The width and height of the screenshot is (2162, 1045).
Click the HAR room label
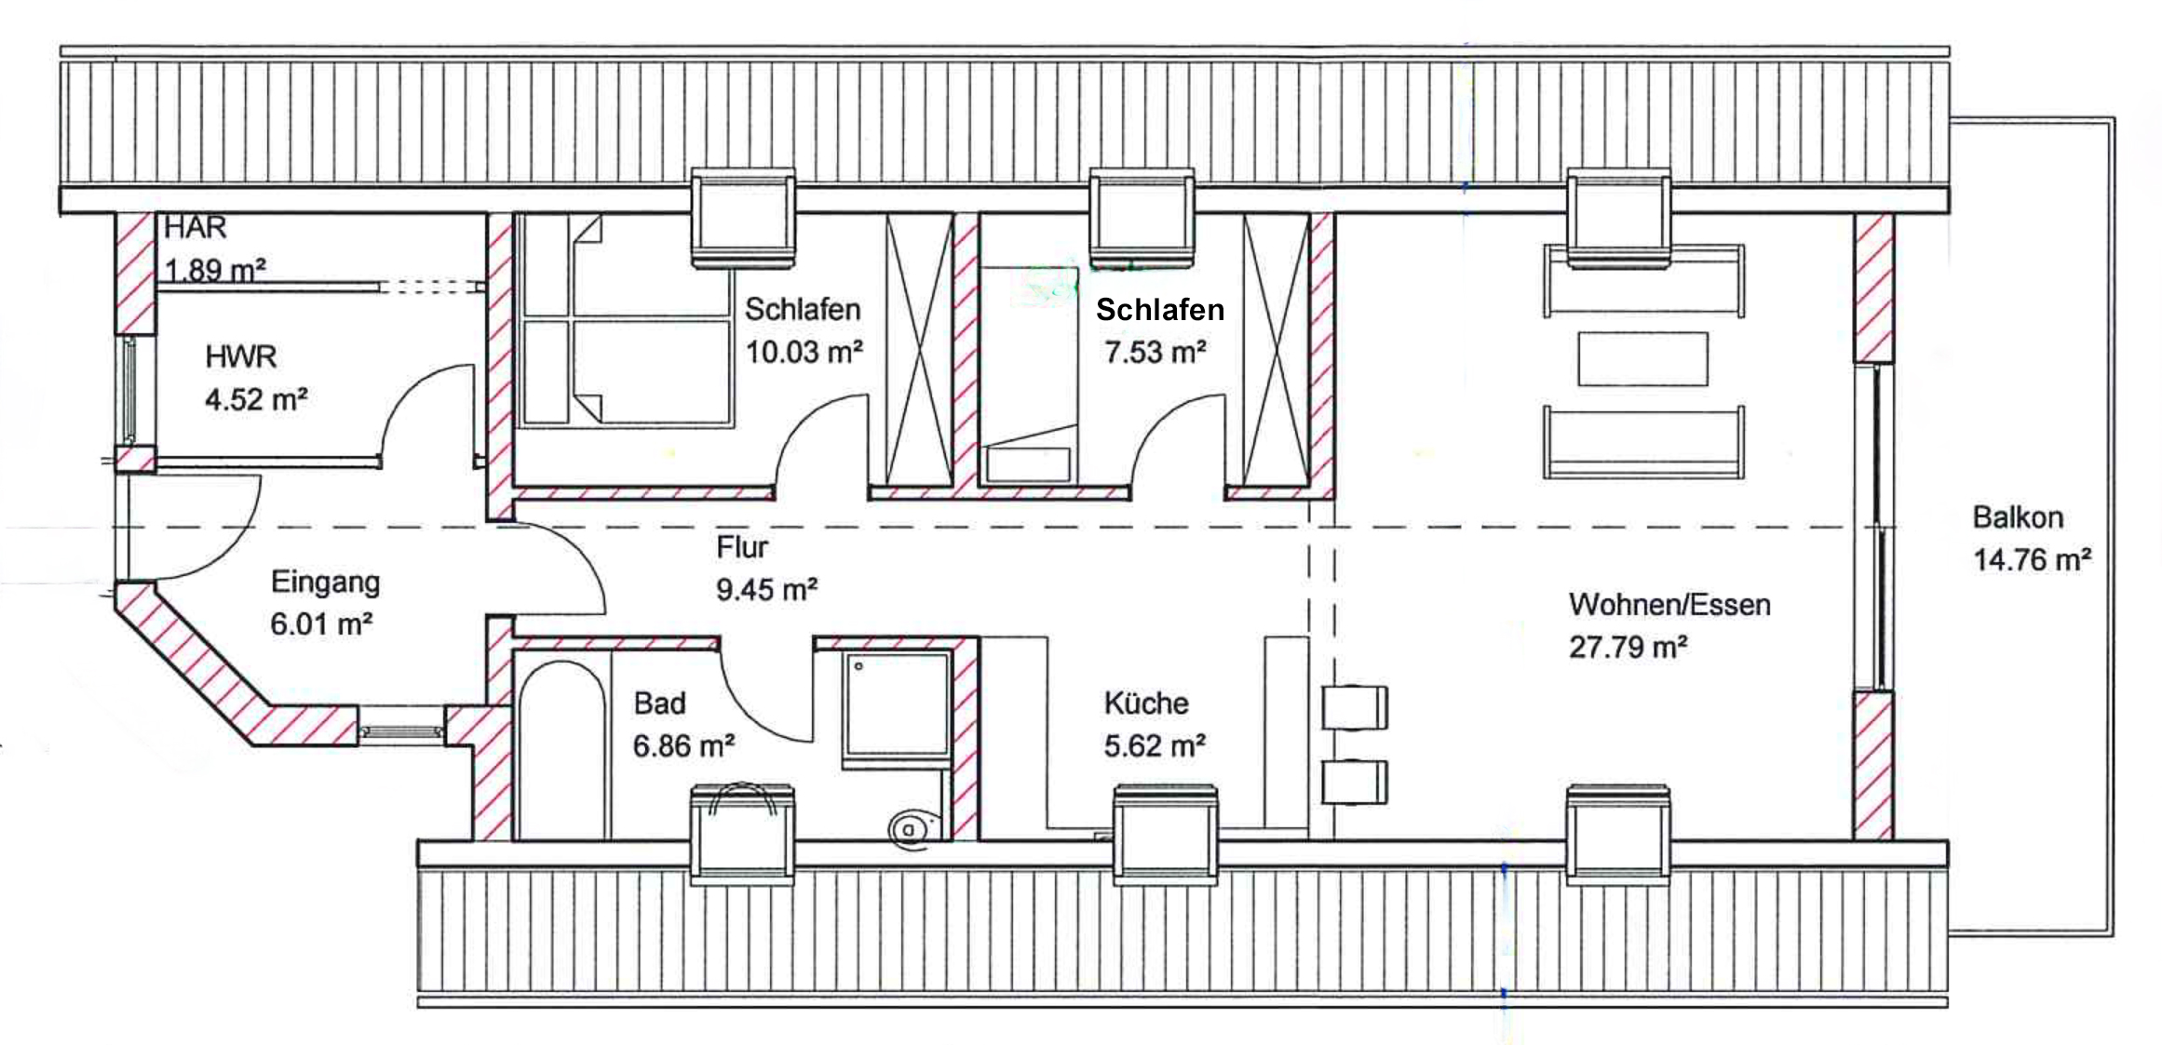[196, 227]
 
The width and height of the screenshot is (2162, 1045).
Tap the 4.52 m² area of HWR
[256, 399]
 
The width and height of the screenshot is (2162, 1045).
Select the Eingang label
[325, 583]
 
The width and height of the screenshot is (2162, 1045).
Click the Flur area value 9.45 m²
[766, 589]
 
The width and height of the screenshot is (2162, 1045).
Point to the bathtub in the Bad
[561, 750]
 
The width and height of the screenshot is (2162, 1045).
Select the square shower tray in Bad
[896, 709]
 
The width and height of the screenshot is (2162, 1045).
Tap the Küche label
[1146, 703]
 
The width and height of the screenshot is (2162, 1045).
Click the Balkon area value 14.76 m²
[2032, 559]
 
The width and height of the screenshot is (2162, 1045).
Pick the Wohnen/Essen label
[1669, 605]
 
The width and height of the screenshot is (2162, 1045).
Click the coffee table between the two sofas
[1642, 358]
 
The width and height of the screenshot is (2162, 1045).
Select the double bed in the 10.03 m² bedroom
[626, 321]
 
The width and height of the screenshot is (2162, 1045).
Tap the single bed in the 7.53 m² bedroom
[1029, 374]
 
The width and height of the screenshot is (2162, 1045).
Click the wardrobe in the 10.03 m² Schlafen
[919, 350]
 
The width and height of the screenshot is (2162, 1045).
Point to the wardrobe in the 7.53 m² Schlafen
[1277, 350]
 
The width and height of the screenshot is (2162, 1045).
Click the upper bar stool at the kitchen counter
[1356, 708]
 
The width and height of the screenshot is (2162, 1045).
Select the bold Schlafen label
[1160, 310]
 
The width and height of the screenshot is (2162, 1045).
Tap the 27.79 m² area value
[1628, 647]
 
